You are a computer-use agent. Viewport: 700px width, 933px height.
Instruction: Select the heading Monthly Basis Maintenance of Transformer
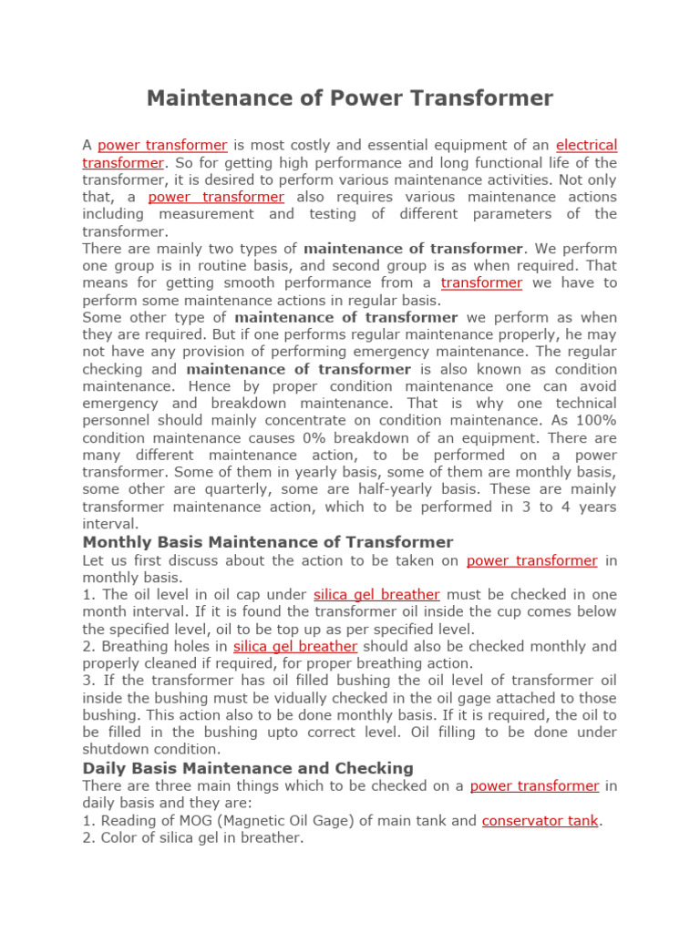tap(268, 542)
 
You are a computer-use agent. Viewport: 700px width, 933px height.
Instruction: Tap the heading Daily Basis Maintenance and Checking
tap(248, 768)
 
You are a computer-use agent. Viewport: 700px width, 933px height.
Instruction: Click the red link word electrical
tap(586, 145)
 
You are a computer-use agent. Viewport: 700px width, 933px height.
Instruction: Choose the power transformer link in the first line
tap(162, 145)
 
